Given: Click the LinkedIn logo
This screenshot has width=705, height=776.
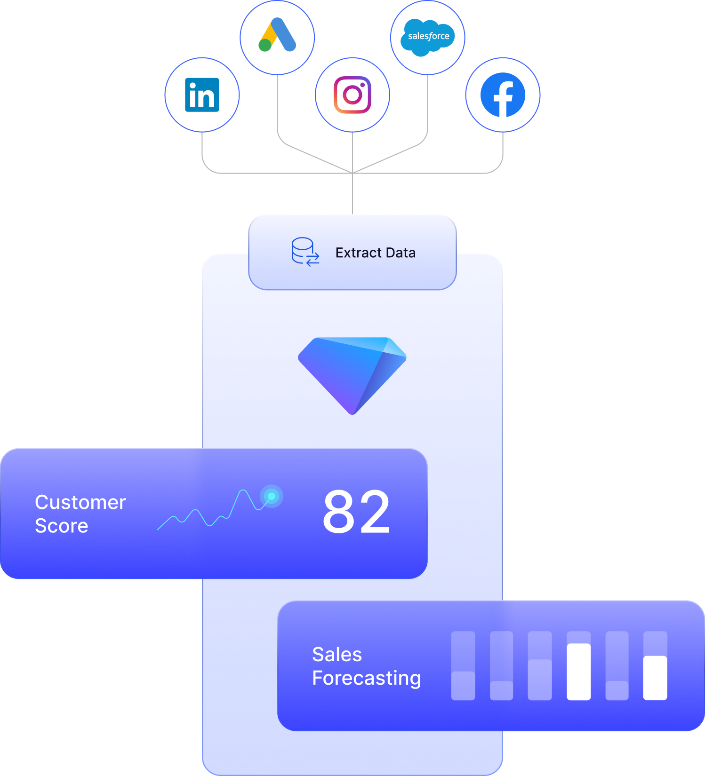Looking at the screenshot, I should (202, 95).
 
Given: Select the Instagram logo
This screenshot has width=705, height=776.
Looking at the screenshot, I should (352, 95).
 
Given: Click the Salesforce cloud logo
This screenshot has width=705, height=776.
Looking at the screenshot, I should (428, 37).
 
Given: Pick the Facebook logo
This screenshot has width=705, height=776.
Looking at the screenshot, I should (503, 95).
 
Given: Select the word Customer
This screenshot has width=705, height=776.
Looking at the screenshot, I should (80, 502).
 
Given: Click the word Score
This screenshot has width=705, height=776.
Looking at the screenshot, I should (62, 526).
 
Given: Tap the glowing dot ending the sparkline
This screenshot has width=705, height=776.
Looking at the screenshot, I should (272, 496).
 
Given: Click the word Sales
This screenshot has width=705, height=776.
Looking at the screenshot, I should (337, 655).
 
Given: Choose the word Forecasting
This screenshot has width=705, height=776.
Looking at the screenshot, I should (366, 678).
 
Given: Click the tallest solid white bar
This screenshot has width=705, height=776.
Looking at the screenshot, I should (578, 672).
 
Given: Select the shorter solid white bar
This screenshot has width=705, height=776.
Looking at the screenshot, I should (655, 678).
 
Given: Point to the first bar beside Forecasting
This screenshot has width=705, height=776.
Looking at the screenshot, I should (463, 666).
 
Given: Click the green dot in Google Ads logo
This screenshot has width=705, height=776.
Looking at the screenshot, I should (265, 45).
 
